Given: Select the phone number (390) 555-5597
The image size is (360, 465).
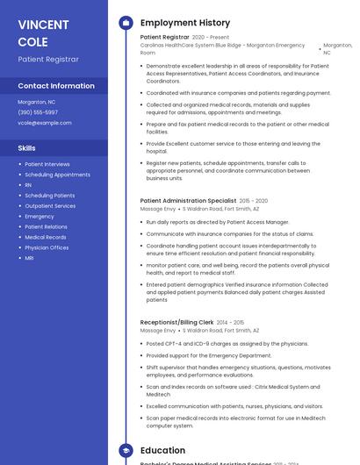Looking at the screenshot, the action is point(38,112).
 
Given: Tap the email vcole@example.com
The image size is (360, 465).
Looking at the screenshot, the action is point(45,123).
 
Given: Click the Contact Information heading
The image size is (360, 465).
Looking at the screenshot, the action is point(56,86).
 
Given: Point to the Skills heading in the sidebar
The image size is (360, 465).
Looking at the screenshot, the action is point(27,148).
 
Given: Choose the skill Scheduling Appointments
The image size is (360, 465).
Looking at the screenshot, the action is point(57,175).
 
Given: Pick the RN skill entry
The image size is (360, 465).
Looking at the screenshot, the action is point(28,185).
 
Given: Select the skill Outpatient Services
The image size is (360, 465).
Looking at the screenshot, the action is point(50,206).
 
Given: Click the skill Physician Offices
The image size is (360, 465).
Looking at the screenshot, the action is point(47,247).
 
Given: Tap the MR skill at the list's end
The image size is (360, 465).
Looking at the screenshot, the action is point(29,258).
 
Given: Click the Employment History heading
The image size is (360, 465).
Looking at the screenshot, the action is point(185,23).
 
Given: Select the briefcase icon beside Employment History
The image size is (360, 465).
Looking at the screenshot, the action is point(126,23).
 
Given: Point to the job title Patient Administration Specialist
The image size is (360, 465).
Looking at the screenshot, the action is point(188,201).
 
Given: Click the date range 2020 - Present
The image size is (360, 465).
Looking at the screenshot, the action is point(211,38).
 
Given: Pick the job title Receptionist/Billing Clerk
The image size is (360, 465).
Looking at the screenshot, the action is point(176,323).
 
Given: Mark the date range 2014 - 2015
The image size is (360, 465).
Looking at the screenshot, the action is point(231,323).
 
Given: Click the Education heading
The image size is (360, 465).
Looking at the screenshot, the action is point(163,450).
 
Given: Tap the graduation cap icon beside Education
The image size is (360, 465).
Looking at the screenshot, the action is point(126,450).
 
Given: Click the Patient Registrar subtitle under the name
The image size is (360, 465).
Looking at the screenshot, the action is point(48,59).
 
